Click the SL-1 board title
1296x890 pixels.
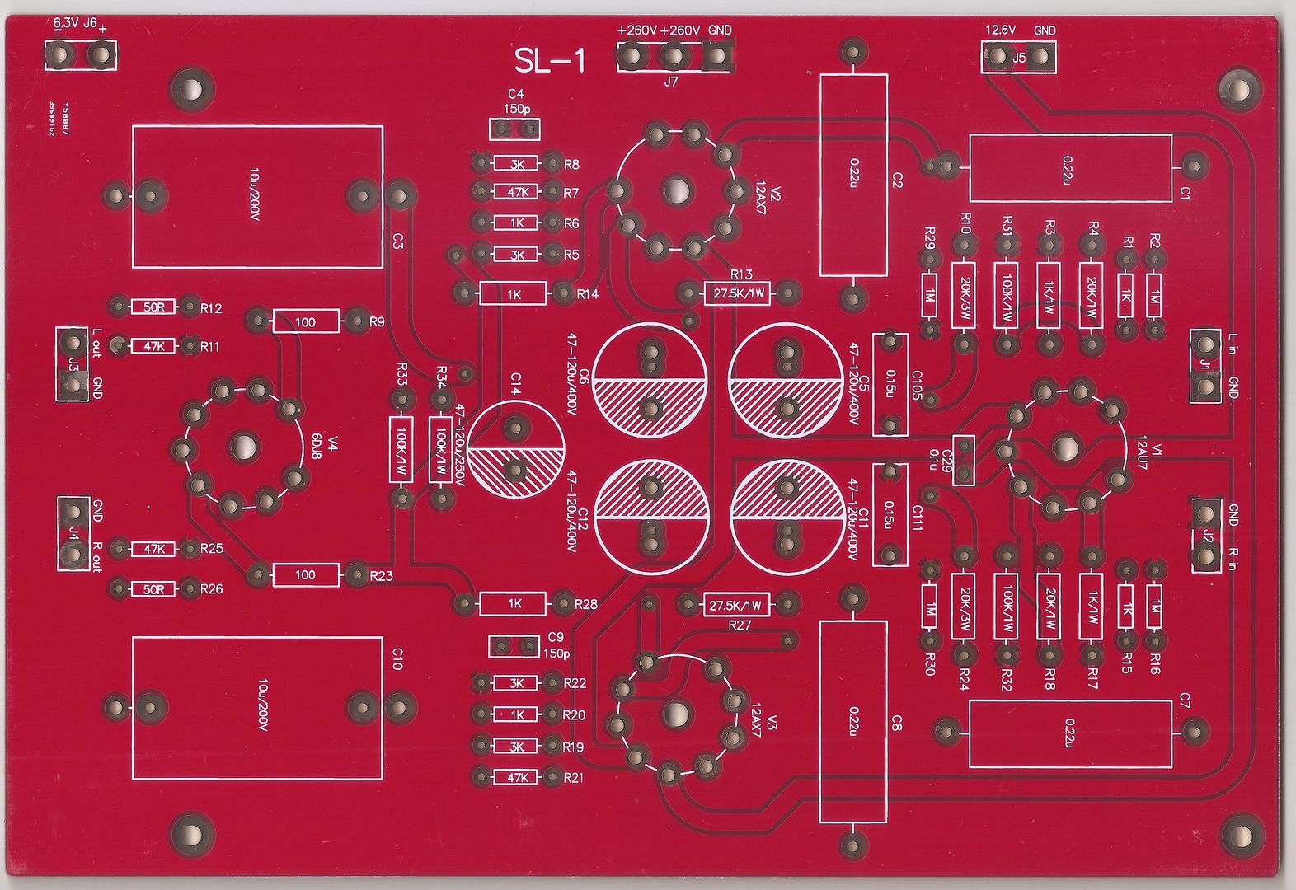(550, 61)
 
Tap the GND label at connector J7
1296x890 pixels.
(720, 30)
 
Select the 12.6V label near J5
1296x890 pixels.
(1000, 30)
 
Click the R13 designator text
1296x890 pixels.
(741, 274)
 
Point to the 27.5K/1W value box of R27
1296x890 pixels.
(736, 606)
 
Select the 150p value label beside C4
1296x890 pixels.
(516, 108)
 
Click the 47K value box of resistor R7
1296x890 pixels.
(516, 191)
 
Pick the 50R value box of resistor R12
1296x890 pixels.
(154, 307)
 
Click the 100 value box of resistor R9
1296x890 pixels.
(306, 321)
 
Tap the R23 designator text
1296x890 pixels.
(381, 576)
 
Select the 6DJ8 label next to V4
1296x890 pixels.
(317, 446)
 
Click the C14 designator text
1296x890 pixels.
(515, 384)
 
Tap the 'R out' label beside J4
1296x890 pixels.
(96, 557)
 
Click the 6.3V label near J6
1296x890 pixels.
(65, 23)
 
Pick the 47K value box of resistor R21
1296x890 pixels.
(516, 778)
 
